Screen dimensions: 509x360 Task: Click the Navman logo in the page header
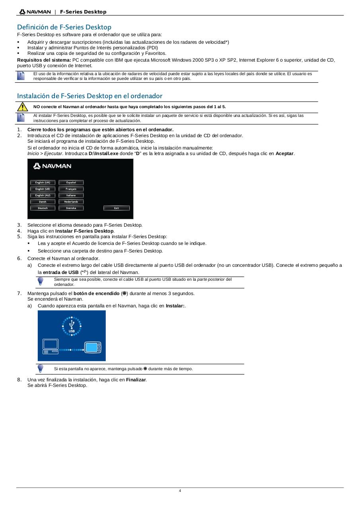click(35, 12)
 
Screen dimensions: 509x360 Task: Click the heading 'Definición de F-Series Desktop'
click(64, 27)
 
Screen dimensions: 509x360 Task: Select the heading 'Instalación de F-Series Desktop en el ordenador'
click(90, 96)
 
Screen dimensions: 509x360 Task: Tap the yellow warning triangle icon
click(22, 107)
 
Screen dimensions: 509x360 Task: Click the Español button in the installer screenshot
click(71, 183)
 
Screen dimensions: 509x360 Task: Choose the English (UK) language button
click(43, 183)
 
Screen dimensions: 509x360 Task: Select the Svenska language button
click(71, 208)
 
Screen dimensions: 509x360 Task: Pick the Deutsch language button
click(43, 208)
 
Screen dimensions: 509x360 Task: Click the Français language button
click(71, 189)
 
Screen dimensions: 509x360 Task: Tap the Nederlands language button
click(71, 202)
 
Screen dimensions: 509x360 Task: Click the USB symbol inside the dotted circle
click(72, 326)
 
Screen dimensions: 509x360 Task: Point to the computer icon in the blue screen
click(51, 346)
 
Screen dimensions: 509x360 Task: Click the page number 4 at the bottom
click(180, 491)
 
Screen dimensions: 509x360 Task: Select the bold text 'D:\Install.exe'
click(103, 153)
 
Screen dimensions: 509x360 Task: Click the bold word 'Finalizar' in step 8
click(136, 380)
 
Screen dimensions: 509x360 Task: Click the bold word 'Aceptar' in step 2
click(284, 153)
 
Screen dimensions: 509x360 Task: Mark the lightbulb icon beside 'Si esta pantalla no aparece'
click(40, 368)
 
